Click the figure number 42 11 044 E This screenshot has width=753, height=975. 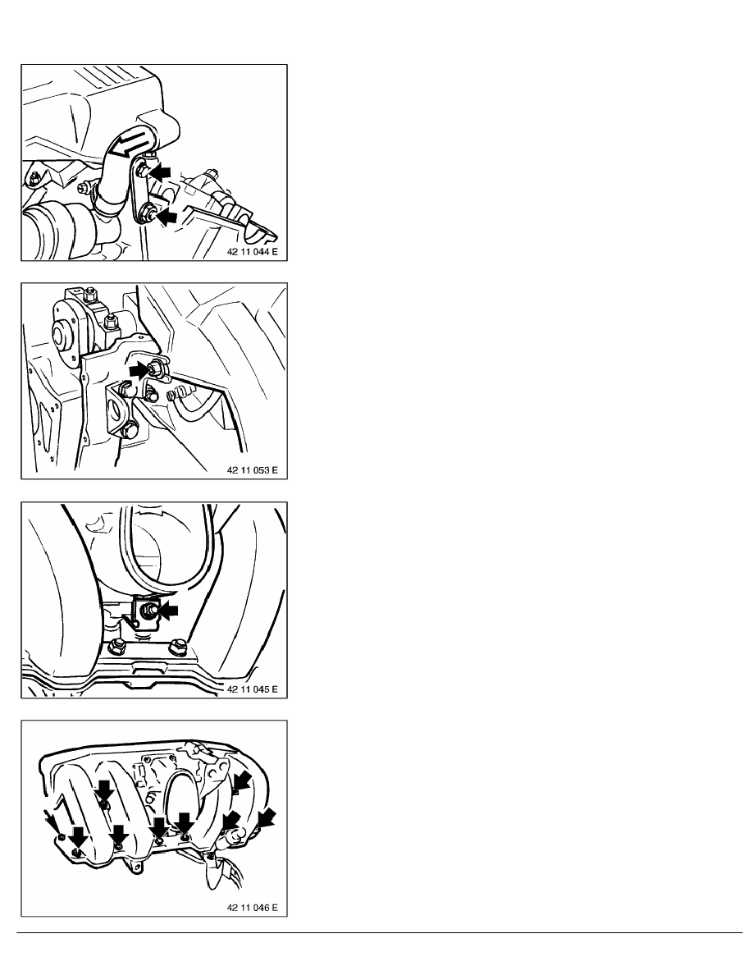pos(253,253)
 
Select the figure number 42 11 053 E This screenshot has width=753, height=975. pos(253,470)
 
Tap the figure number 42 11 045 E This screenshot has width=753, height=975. pos(253,689)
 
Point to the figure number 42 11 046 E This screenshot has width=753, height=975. pos(253,908)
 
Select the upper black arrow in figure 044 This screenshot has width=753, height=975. pos(160,172)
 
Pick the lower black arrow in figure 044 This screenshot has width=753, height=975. pos(167,217)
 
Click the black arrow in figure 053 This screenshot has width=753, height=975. pos(139,371)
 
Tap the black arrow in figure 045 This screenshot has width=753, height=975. pos(168,611)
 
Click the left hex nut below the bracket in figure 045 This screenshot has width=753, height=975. pos(116,648)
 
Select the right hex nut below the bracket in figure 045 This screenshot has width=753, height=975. pos(178,647)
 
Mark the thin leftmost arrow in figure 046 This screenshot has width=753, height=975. pos(53,823)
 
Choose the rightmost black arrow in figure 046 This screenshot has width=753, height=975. pos(267,818)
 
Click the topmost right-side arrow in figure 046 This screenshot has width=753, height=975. pos(242,780)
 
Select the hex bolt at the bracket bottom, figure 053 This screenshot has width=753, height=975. pos(130,430)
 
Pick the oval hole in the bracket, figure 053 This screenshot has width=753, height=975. pos(115,412)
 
